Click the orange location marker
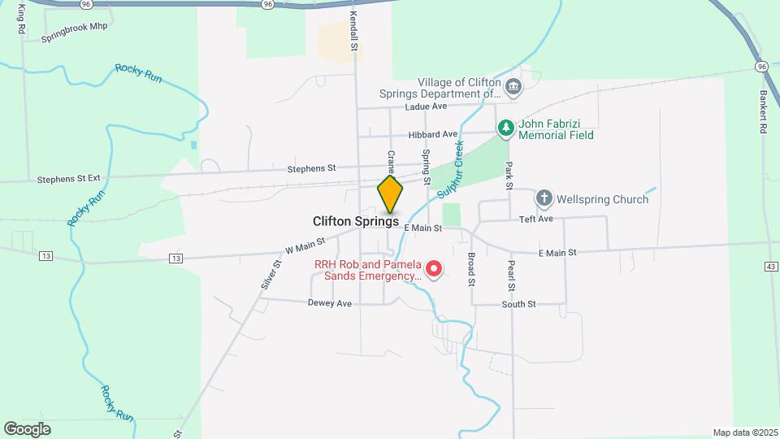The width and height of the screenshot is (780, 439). click(390, 193)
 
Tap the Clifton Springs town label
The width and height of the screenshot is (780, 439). click(356, 221)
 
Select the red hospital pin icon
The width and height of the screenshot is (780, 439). click(434, 268)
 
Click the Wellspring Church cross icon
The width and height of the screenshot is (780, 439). click(544, 198)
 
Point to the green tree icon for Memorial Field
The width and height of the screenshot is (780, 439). click(505, 128)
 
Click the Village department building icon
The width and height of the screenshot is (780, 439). click(513, 86)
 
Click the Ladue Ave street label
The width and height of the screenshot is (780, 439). click(427, 106)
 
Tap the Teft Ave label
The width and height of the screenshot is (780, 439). click(536, 219)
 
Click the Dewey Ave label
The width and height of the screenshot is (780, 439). click(329, 303)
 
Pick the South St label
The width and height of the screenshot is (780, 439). click(518, 304)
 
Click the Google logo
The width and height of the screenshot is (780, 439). click(27, 428)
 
